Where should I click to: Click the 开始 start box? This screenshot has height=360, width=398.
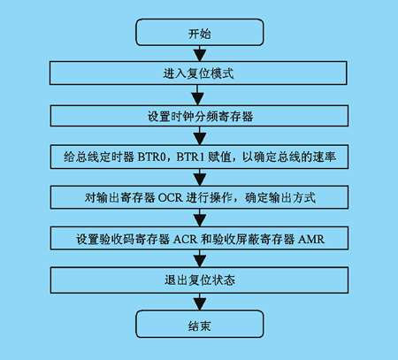point(200,33)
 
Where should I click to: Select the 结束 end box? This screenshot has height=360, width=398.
point(200,324)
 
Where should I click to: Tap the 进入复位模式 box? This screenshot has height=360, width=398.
point(198,73)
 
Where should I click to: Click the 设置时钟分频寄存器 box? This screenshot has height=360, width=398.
point(199,116)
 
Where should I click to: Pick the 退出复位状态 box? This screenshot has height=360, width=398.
point(199,280)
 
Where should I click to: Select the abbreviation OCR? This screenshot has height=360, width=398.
point(171,197)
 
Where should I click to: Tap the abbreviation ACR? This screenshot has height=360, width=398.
point(185,239)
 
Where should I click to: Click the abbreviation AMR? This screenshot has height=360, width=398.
point(311,239)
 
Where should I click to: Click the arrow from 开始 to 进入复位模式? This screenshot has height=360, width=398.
point(200,53)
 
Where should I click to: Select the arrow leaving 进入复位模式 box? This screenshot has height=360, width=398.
point(197,95)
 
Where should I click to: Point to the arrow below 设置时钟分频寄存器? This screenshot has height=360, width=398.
point(200,135)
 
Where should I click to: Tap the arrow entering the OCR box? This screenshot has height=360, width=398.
point(200,177)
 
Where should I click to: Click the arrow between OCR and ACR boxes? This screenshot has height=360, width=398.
point(200,218)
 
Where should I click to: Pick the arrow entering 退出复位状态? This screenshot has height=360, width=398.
point(200,258)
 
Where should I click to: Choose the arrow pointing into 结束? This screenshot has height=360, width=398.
point(200,302)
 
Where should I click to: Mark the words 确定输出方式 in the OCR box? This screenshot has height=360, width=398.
point(280,197)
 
